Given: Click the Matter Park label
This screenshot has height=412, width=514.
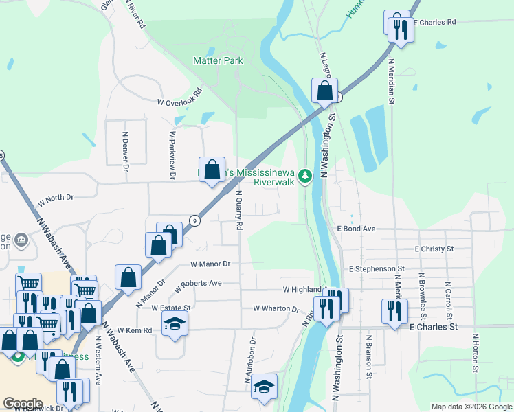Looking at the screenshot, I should [219, 61].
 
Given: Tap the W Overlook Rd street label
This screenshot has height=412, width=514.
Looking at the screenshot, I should [179, 97].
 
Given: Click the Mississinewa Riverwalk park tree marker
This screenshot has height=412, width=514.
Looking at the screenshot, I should [305, 176].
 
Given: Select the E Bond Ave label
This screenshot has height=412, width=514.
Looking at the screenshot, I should [356, 228].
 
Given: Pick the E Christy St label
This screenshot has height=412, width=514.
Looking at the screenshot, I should [434, 249].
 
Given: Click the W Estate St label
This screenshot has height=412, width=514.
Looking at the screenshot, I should [170, 308].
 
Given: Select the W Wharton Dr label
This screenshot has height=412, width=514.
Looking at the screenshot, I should [276, 308].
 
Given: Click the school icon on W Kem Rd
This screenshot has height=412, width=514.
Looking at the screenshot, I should [175, 323].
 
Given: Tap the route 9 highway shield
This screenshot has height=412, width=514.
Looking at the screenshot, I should [195, 220].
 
